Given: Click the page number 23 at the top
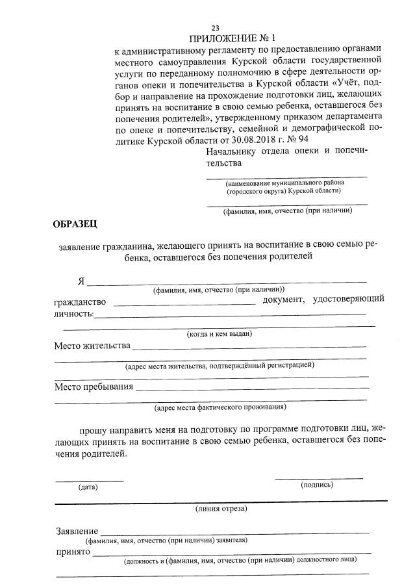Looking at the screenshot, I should (x=216, y=27).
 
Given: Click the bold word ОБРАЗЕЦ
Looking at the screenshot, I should (x=75, y=225).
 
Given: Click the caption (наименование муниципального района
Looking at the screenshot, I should (x=284, y=183).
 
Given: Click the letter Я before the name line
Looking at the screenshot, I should (x=81, y=281).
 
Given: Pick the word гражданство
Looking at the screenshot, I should (x=79, y=301).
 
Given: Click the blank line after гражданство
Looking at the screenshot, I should (x=186, y=303).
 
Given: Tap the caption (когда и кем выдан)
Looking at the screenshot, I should (x=219, y=333).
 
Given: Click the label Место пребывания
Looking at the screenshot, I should (x=94, y=387).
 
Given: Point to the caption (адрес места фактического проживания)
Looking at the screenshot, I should (x=220, y=408).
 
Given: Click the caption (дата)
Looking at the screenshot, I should (x=88, y=487).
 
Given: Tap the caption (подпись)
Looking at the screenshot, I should (x=316, y=485).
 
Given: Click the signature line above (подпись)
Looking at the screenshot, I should (x=318, y=478).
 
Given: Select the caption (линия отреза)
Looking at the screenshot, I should (x=221, y=509).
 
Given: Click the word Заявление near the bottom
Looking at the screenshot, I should (x=77, y=531).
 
